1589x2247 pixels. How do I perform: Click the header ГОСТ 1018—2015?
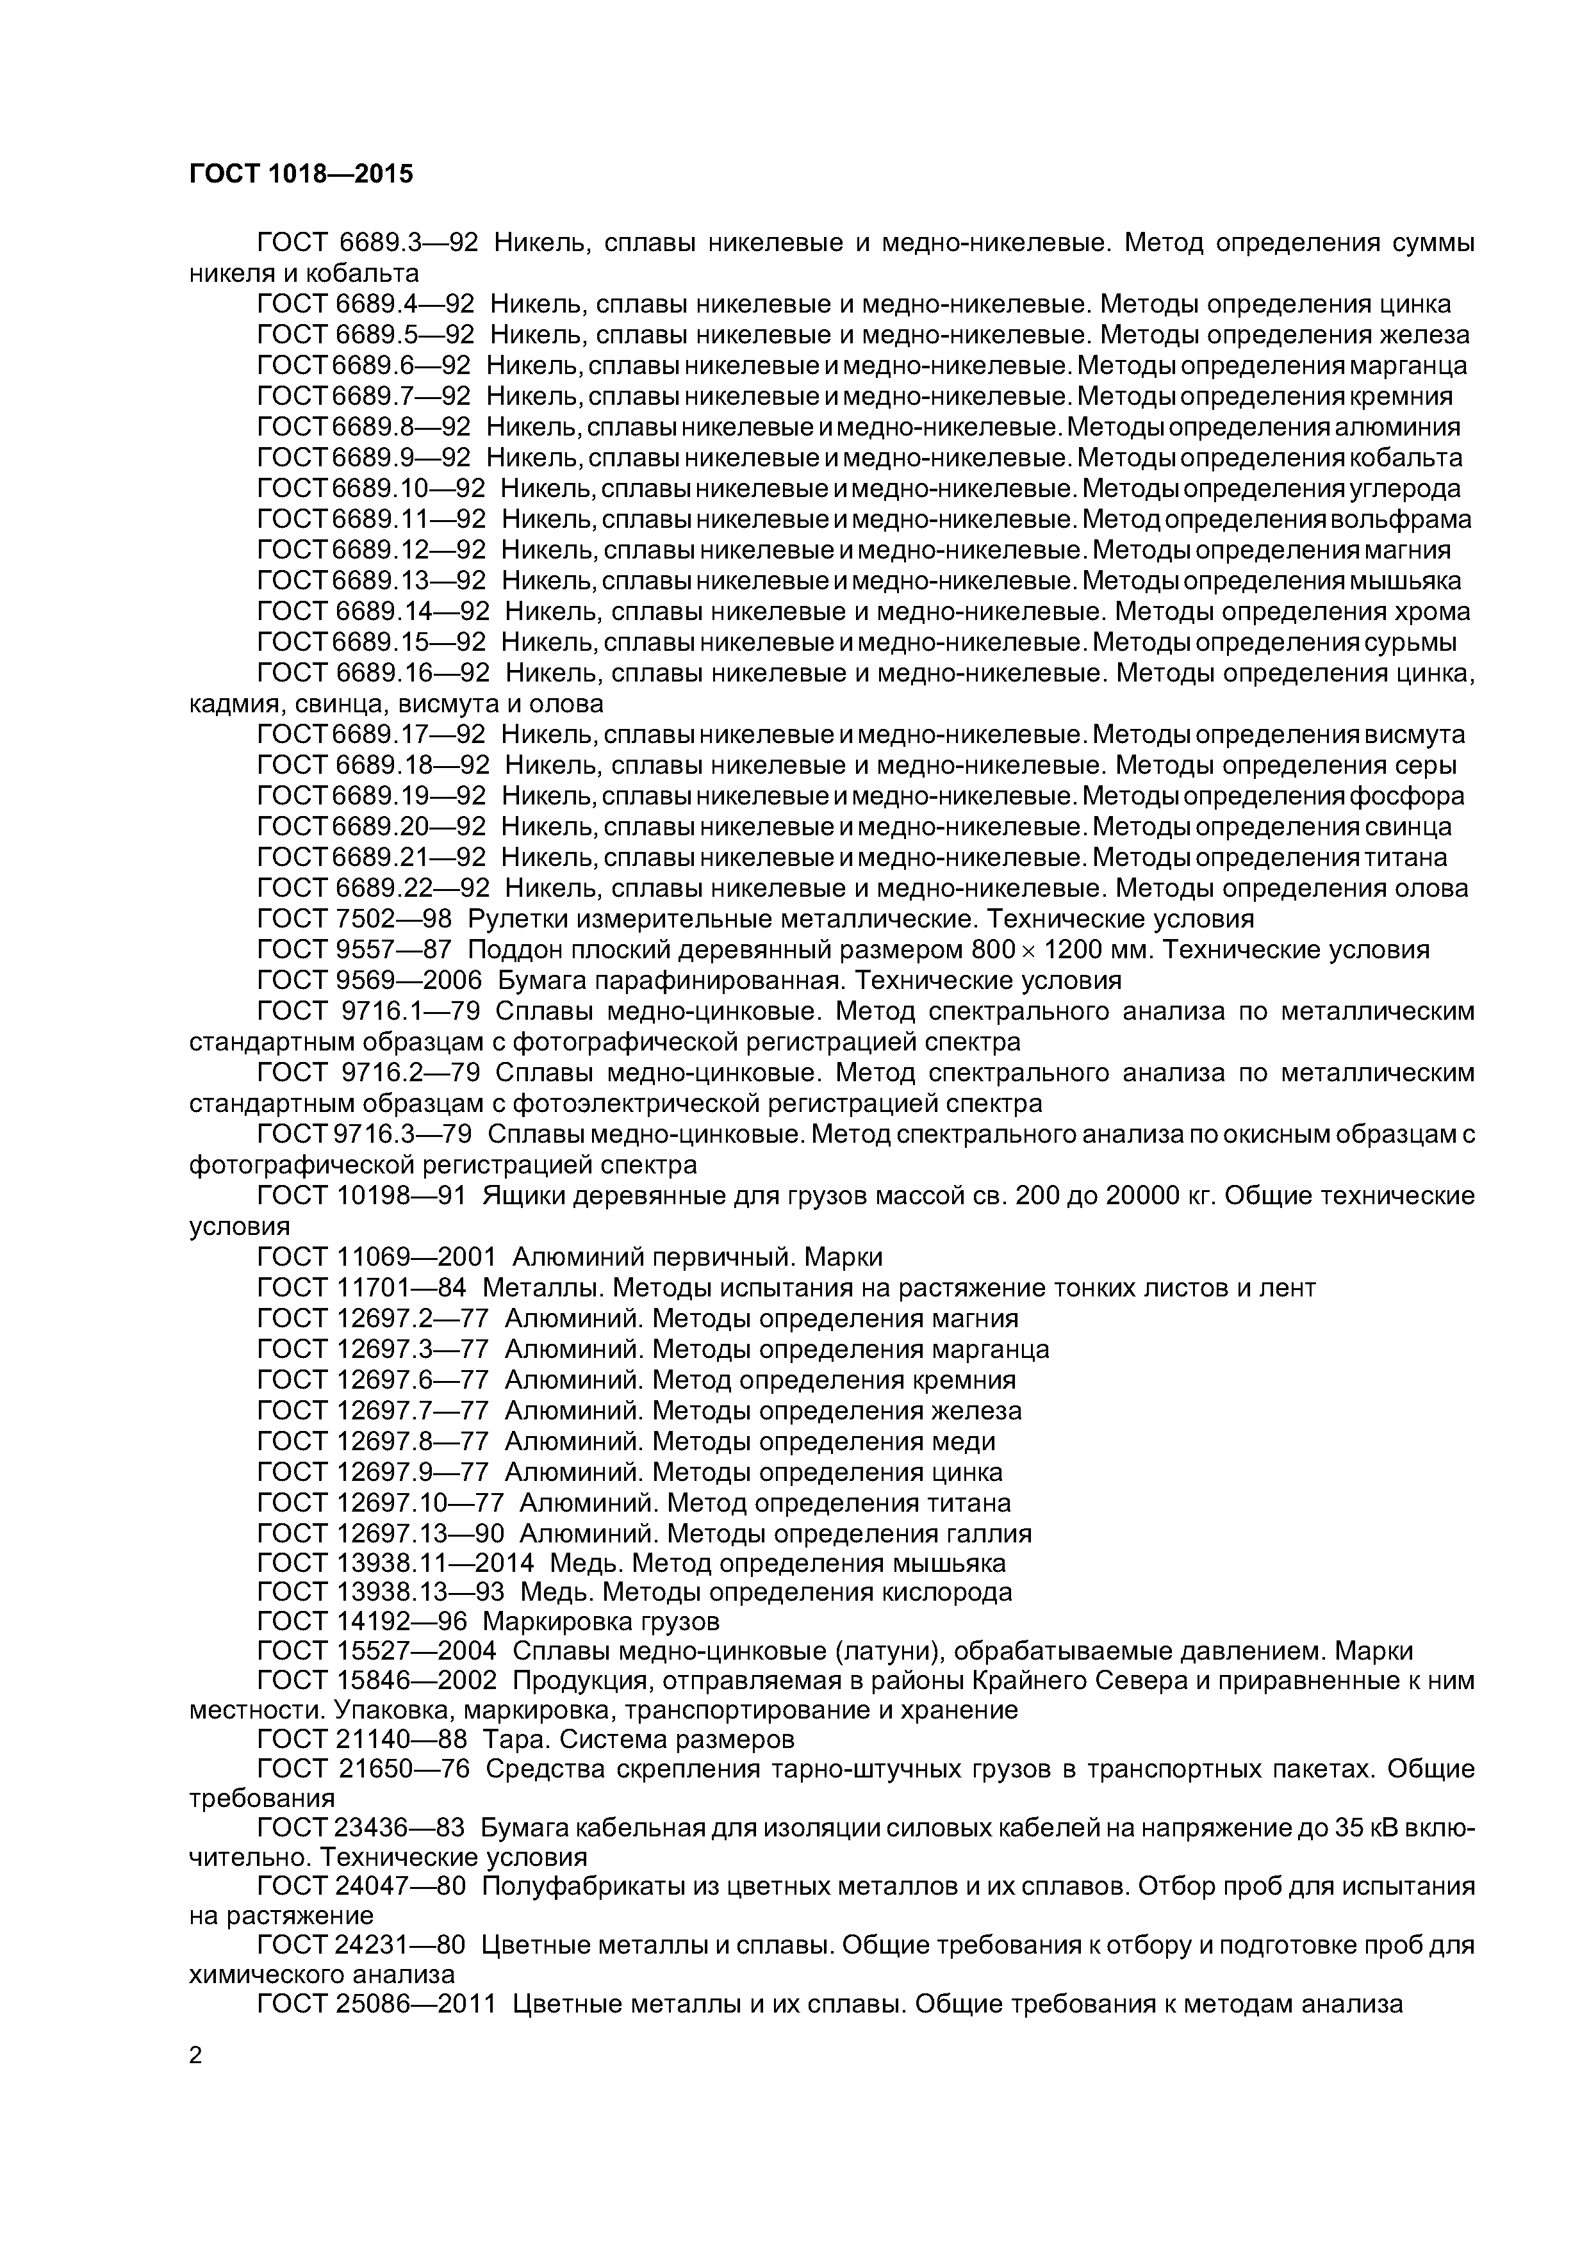tap(301, 174)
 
